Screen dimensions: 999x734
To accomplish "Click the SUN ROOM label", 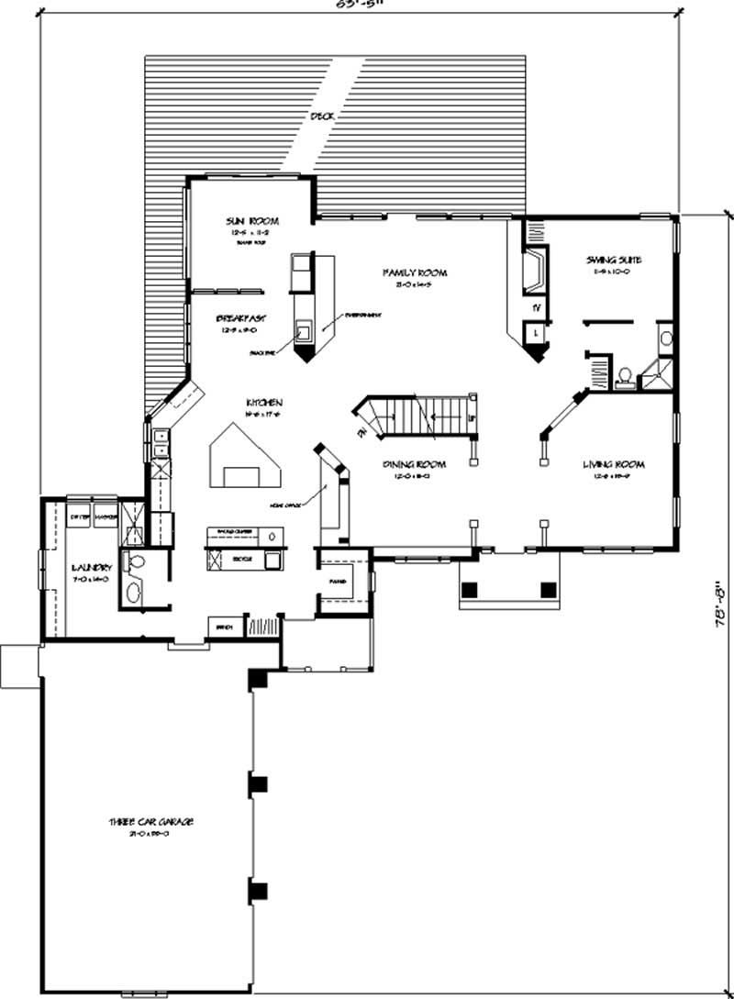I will [252, 221].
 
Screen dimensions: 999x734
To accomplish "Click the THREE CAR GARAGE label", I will [154, 821].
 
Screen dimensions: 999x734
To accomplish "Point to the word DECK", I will [322, 117].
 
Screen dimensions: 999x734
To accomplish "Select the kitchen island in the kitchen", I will [245, 461].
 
